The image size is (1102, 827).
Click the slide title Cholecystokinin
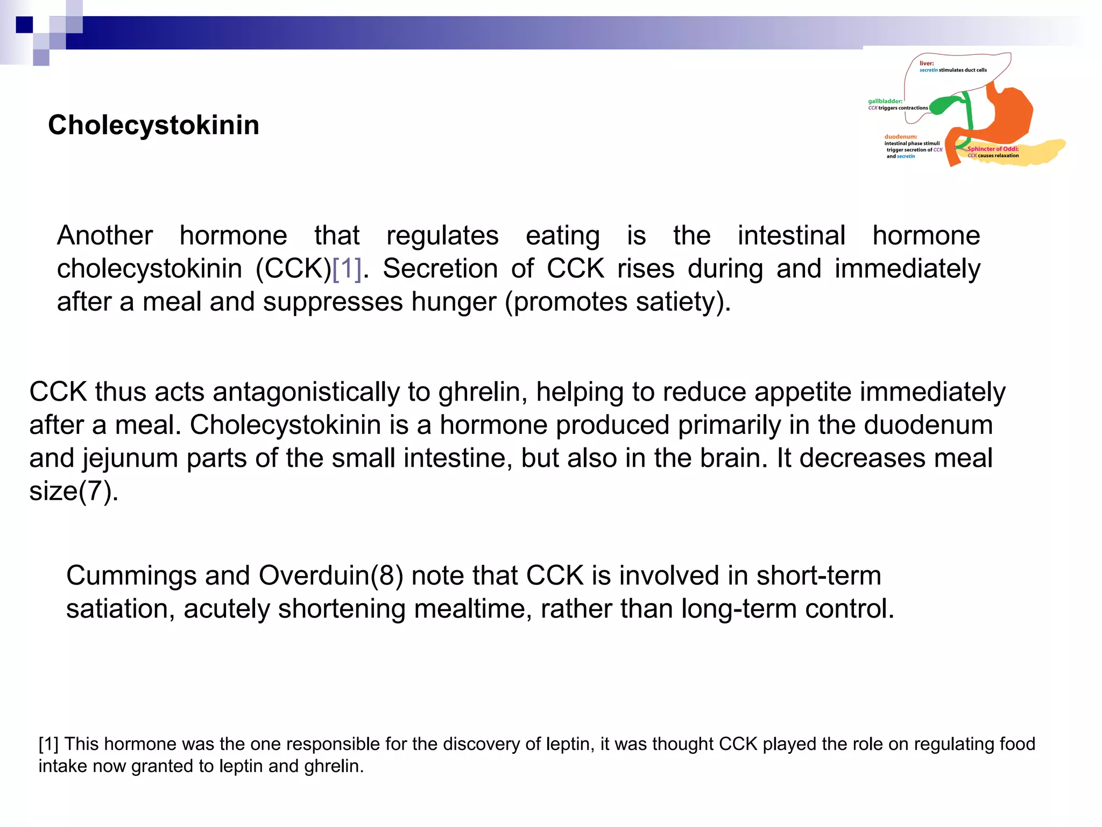153,125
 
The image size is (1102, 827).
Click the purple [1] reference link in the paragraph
347,268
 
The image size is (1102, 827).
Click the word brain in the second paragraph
734,458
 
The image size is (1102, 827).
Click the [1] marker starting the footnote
48,744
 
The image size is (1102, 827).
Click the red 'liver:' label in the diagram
927,64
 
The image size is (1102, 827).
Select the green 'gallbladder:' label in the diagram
885,101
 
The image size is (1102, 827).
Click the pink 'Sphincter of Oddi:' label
993,149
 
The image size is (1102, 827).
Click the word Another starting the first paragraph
105,235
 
